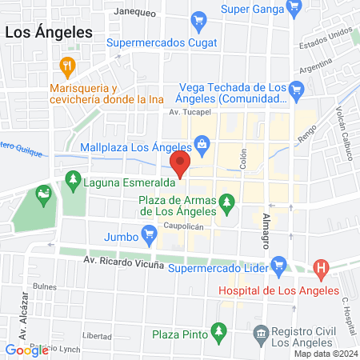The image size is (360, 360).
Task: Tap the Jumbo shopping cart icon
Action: pyautogui.click(x=148, y=234)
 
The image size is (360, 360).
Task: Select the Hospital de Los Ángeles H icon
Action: pyautogui.click(x=321, y=267)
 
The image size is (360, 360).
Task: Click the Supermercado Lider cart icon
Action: pyautogui.click(x=279, y=263)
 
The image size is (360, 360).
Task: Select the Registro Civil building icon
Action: pyautogui.click(x=260, y=331)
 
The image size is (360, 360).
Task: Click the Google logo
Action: pyautogui.click(x=27, y=350)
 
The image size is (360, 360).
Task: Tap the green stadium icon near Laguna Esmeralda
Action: pyautogui.click(x=42, y=192)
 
